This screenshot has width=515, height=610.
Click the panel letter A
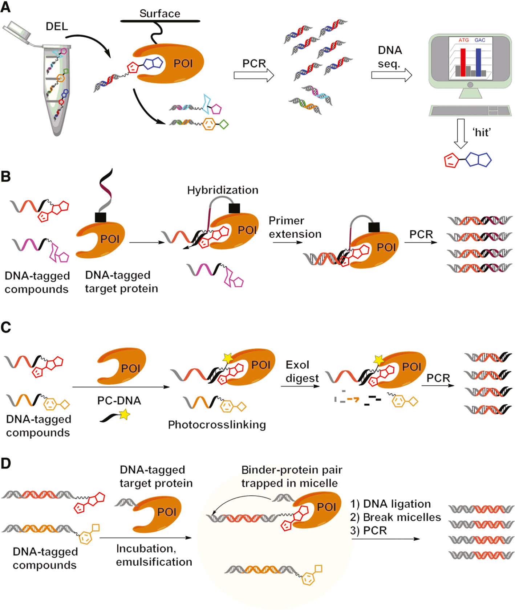point(6,7)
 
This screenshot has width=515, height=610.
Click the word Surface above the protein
point(160,14)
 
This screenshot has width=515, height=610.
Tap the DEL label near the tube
point(57,26)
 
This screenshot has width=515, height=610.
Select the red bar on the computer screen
point(463,62)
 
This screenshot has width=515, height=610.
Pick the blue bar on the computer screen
point(478,62)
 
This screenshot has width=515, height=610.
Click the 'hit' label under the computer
point(482,132)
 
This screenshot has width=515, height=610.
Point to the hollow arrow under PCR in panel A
point(253,75)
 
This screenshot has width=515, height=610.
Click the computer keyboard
point(470,110)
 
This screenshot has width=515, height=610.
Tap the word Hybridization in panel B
point(223,190)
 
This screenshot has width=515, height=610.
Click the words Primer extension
point(295,228)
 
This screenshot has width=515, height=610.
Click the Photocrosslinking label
point(217,425)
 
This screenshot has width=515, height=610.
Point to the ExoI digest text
point(301,371)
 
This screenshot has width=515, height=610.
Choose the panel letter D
point(6,464)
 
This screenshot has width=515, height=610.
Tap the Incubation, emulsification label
point(154,555)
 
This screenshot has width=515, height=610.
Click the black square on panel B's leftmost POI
point(100,217)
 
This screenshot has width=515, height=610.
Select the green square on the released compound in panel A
point(224,124)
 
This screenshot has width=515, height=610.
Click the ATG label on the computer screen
point(463,40)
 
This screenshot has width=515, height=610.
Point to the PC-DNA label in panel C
point(119,401)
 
